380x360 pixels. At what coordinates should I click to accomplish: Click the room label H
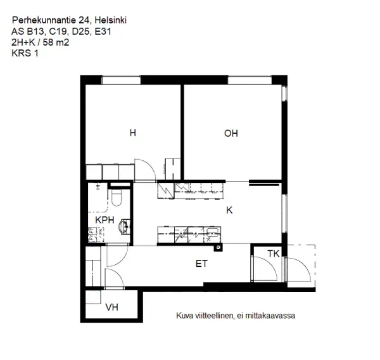coord(132,133)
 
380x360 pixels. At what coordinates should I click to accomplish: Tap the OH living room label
coord(231,133)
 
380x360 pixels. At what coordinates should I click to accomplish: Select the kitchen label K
coord(230,210)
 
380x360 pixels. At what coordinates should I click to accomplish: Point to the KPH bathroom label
coord(104,220)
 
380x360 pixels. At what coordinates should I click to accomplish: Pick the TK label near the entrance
coord(273,254)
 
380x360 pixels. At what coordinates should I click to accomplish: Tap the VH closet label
coord(112,308)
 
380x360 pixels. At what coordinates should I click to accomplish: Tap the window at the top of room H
coord(122,79)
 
